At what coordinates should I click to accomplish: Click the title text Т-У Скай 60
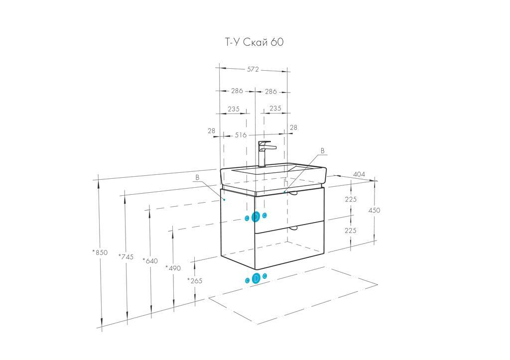[x=254, y=42]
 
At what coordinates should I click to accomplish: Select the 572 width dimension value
[x=253, y=70]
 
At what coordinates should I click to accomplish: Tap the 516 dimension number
[x=241, y=135]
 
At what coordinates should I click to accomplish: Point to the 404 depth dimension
[x=359, y=174]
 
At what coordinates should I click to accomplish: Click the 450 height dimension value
[x=374, y=210]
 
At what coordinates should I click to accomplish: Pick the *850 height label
[x=100, y=252]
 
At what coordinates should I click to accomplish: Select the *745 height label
[x=126, y=256]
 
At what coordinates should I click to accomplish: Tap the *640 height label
[x=149, y=260]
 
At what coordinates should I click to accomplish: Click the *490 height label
[x=173, y=268]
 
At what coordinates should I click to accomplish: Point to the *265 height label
[x=195, y=281]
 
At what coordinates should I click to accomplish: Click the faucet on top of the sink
[x=264, y=152]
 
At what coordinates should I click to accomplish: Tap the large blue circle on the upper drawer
[x=256, y=217]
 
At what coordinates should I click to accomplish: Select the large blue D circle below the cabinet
[x=256, y=279]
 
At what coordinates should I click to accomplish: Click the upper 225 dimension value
[x=351, y=199]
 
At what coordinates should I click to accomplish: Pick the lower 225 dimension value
[x=351, y=231]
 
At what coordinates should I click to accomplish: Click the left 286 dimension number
[x=237, y=91]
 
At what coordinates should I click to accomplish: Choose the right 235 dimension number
[x=275, y=109]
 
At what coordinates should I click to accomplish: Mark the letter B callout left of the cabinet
[x=197, y=177]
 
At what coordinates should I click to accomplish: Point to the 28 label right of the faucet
[x=293, y=128]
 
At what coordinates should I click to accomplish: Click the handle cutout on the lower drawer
[x=293, y=228]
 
